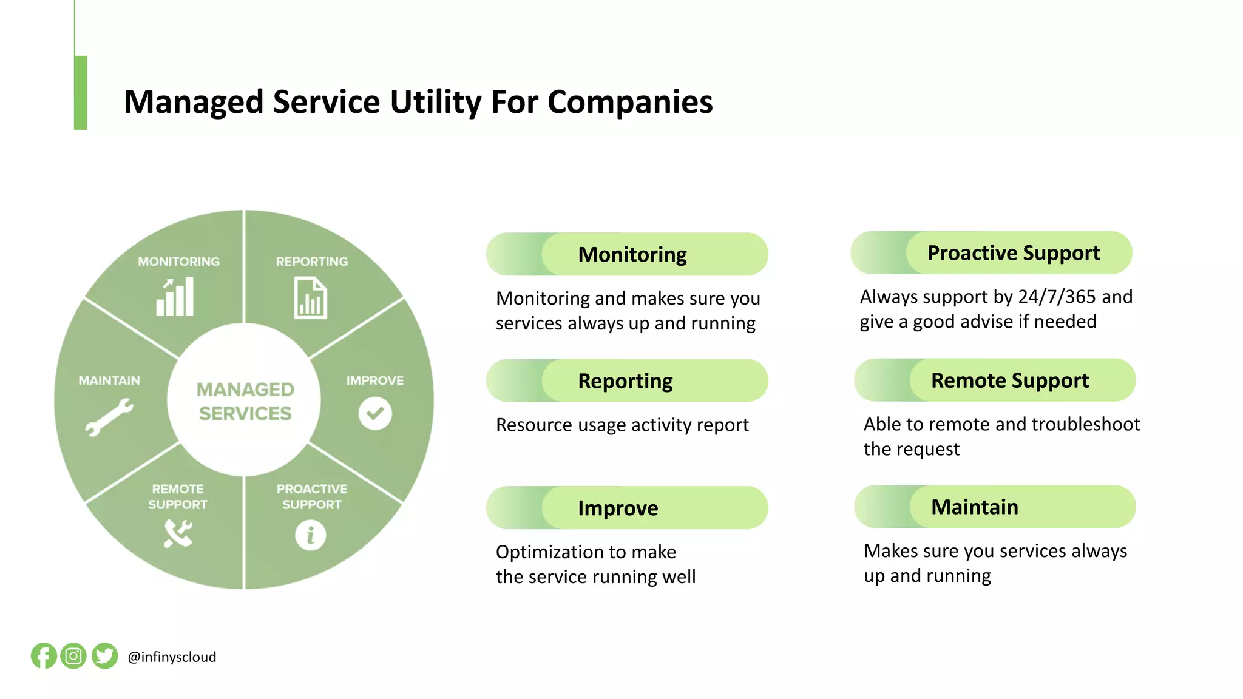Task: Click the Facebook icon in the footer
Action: [x=44, y=656]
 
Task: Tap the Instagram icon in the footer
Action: [x=73, y=656]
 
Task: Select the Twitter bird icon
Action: [x=104, y=656]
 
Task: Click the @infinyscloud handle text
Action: [x=172, y=657]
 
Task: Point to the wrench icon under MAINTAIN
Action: [x=109, y=417]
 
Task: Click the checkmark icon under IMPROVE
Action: [x=375, y=413]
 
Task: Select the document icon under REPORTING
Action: [x=310, y=298]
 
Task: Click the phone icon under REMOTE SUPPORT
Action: [x=178, y=534]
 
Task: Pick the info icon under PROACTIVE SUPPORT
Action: [x=311, y=535]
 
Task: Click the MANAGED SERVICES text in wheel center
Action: [x=245, y=401]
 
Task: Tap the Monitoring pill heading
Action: [x=632, y=254]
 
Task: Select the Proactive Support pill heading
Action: [x=1014, y=252]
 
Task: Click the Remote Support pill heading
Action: [x=1010, y=380]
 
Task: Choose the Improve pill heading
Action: [x=618, y=508]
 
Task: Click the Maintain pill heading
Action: [x=975, y=507]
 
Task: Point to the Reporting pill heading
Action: [x=625, y=381]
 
